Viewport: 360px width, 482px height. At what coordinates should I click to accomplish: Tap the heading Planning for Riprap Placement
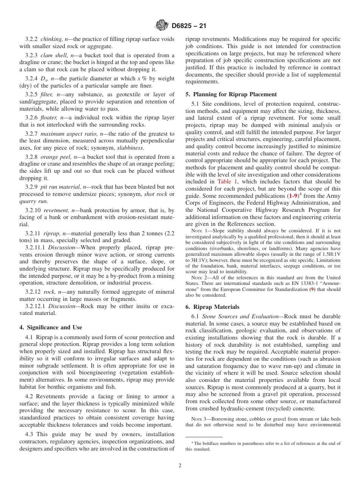pos(235,94)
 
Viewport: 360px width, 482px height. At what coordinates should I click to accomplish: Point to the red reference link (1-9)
pos(291,196)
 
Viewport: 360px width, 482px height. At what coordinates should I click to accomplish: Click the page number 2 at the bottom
pos(180,466)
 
